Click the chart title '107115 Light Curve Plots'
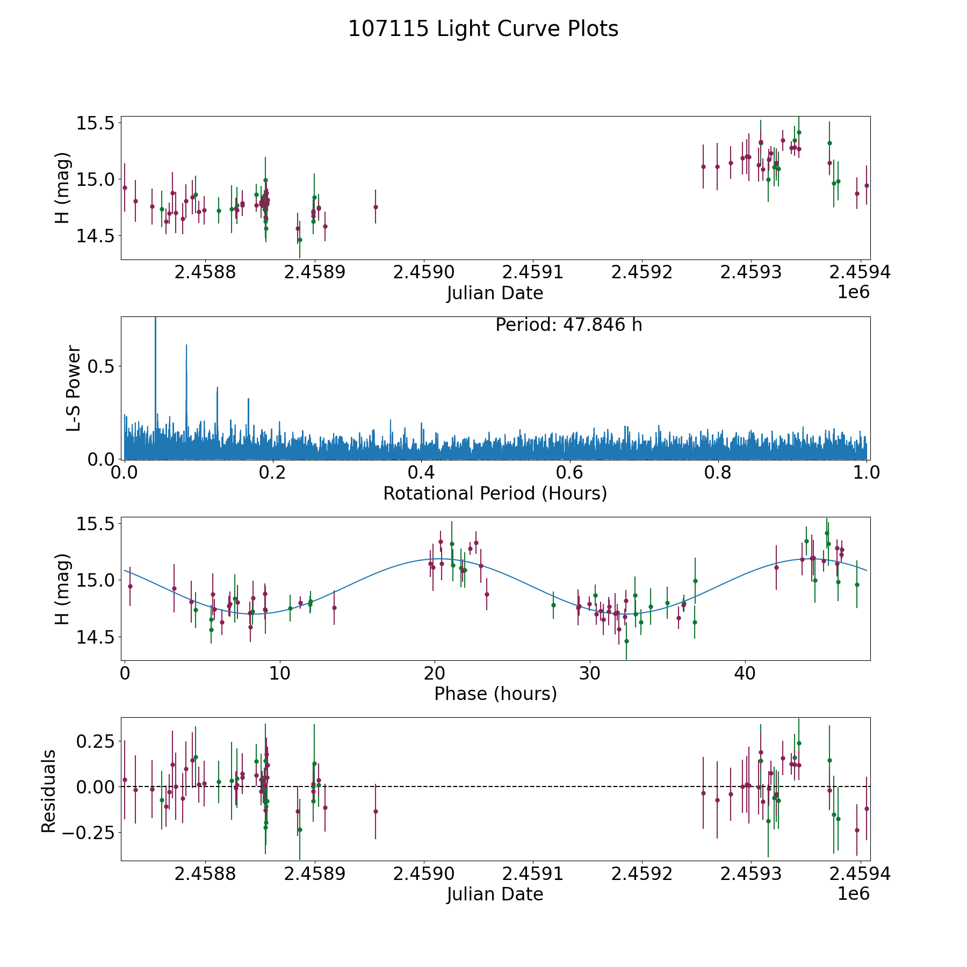point(483,29)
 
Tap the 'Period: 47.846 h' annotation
point(568,325)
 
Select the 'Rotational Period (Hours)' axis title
point(495,493)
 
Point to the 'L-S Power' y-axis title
point(74,388)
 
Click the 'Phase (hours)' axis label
point(495,694)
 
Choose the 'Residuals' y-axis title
point(49,791)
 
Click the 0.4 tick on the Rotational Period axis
point(421,473)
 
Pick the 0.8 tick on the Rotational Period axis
point(718,473)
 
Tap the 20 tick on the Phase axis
point(435,674)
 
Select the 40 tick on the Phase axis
point(745,674)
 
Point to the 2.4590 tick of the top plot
point(424,272)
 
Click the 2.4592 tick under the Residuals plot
point(643,874)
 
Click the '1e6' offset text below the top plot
point(853,292)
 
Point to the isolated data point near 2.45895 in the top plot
point(376,207)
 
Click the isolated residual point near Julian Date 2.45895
point(376,811)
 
